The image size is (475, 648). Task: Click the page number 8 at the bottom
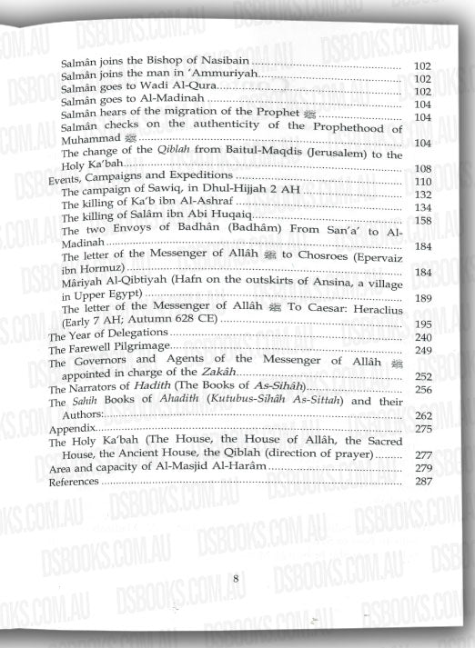(235, 578)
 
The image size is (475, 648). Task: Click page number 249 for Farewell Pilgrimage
(421, 349)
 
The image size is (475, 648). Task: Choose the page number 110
(421, 181)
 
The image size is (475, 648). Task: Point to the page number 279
(421, 467)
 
